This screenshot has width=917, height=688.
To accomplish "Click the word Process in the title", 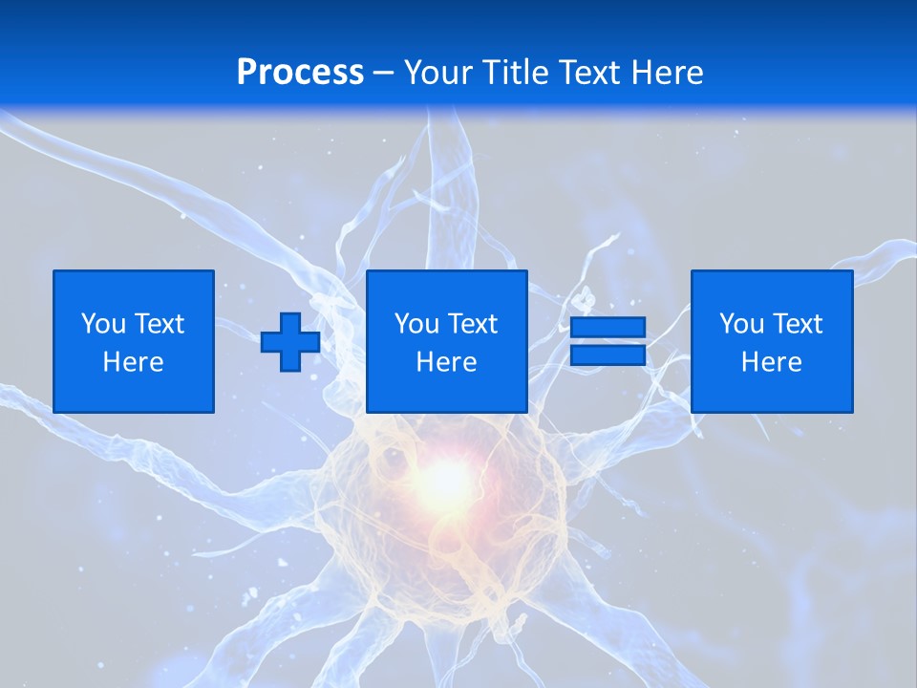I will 300,73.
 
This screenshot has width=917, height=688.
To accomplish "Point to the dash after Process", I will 384,74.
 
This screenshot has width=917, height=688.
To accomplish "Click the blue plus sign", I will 290,342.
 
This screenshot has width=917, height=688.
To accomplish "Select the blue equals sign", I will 608,342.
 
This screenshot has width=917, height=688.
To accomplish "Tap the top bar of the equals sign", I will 608,328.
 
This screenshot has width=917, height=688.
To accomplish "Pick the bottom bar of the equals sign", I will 608,355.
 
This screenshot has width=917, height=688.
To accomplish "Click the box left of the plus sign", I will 134,341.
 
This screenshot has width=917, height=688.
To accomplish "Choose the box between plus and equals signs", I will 446,341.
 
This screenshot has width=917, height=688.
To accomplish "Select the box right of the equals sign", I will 772,341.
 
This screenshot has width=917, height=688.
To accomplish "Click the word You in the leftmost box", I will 103,324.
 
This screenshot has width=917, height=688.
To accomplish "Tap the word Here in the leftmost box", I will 134,362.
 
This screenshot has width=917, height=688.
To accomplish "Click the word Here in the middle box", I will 446,362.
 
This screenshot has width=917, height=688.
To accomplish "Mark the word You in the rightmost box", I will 741,324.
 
